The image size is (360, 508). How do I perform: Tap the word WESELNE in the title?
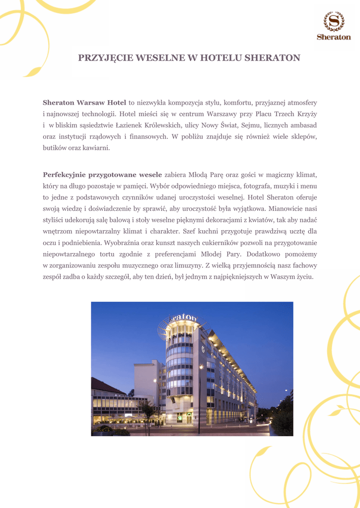(159, 58)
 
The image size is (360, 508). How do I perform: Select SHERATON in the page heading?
(273, 58)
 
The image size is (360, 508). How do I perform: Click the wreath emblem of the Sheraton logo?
(334, 21)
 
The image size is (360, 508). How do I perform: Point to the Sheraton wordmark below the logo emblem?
(334, 37)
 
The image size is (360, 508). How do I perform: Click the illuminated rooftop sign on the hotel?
(183, 318)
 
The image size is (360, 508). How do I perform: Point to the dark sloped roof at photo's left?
(105, 386)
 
